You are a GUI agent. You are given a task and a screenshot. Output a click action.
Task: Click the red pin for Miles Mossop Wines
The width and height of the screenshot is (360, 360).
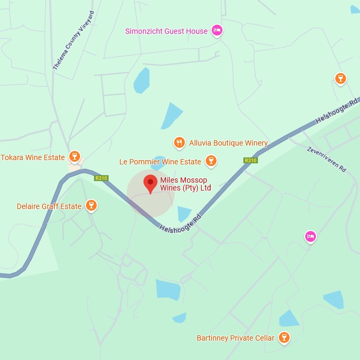pos(150,183)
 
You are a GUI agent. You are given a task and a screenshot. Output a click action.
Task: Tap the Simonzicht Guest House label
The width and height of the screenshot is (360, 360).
pos(166,31)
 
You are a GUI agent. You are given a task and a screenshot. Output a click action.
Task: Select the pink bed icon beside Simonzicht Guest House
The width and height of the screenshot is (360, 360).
pos(217,30)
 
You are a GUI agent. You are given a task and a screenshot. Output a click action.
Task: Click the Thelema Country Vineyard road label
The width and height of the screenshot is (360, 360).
pos(74,40)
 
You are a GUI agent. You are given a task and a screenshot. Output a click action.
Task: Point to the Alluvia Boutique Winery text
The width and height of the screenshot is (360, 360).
pos(228,143)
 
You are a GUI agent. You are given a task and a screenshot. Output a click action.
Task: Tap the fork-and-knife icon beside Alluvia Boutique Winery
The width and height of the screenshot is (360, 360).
pos(179,142)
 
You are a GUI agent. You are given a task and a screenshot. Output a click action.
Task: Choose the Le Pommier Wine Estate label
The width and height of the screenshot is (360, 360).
pos(160,162)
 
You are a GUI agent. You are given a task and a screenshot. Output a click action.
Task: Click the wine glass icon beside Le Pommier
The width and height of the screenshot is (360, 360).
pos(211,161)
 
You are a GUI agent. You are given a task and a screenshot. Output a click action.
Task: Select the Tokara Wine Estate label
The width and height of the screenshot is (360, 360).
pos(32,157)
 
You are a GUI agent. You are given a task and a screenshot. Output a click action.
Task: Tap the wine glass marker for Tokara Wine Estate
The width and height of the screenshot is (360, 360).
pos(75,157)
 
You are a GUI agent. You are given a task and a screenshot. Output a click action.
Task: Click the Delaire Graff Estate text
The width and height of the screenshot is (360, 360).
pos(49,206)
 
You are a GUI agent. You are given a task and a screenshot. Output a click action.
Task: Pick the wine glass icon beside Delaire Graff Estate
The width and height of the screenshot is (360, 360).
pos(92,205)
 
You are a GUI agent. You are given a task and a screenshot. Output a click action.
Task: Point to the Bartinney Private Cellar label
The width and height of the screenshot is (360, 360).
pos(235,338)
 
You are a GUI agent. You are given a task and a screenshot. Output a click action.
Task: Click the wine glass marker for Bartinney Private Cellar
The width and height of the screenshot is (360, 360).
pos(284,337)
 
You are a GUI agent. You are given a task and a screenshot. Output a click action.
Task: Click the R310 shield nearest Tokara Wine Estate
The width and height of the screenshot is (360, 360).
pos(100,178)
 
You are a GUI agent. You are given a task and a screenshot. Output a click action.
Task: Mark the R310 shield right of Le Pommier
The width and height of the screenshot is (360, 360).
pos(250,160)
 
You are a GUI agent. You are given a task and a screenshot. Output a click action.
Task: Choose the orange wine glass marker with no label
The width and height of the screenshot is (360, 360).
pos(340,79)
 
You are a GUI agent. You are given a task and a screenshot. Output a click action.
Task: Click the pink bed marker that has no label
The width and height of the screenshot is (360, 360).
pos(310,236)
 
